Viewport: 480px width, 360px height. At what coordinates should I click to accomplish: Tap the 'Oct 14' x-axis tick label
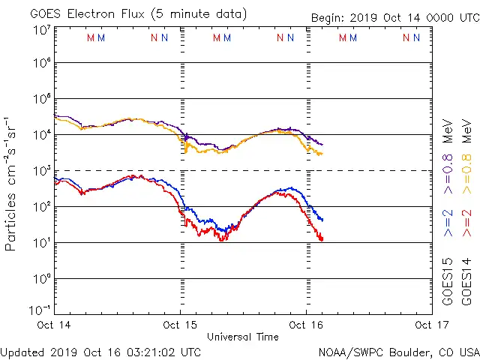[x=53, y=325]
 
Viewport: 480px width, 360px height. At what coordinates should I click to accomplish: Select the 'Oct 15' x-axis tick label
[x=180, y=325]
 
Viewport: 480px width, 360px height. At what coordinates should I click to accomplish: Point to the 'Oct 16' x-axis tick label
[x=306, y=325]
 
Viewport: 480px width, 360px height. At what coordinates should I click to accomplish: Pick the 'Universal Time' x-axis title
[x=243, y=337]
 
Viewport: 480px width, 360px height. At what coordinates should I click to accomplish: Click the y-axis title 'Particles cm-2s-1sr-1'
[x=11, y=184]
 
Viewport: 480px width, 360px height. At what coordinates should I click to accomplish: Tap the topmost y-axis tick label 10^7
[x=41, y=30]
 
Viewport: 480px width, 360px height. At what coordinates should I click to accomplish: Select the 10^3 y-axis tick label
[x=41, y=171]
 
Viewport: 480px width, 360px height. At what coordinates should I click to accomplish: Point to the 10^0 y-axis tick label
[x=41, y=279]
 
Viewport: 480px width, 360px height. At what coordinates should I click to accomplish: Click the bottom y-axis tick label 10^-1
[x=41, y=309]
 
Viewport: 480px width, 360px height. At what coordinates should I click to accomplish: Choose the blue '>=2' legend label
[x=448, y=223]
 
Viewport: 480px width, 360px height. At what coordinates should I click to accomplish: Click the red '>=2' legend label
[x=466, y=223]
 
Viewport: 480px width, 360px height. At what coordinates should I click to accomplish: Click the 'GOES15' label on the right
[x=448, y=281]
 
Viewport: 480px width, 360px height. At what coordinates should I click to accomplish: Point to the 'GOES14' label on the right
[x=466, y=281]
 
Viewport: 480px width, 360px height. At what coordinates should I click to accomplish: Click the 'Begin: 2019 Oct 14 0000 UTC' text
[x=394, y=19]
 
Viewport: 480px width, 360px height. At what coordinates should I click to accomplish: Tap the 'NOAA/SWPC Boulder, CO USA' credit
[x=398, y=352]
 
